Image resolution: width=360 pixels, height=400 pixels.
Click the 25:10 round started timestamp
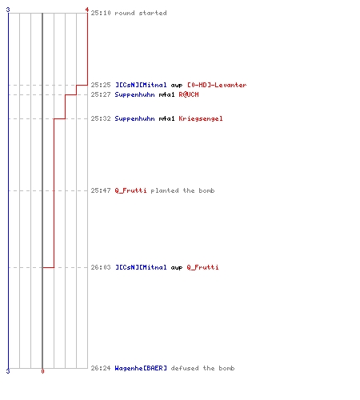[x=101, y=13]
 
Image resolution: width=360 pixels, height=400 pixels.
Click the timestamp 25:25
[x=101, y=85]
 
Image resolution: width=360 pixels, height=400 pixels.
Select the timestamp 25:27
[x=101, y=94]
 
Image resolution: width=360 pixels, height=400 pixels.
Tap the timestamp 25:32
[x=101, y=118]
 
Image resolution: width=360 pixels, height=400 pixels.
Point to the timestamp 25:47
[x=101, y=190]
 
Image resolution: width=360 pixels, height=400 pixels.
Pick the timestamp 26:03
[x=101, y=267]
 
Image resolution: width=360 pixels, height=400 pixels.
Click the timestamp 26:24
[x=101, y=368]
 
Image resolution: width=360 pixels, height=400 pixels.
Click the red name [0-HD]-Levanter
[x=217, y=85]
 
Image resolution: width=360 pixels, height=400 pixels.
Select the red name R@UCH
[x=189, y=94]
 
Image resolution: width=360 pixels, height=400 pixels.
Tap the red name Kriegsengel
[x=201, y=118]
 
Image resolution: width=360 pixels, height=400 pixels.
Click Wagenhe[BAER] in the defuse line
[x=141, y=368]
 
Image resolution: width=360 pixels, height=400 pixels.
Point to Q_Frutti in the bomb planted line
[x=130, y=190]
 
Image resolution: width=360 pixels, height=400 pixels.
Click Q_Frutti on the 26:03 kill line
[x=202, y=267]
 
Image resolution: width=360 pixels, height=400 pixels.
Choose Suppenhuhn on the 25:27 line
[x=134, y=94]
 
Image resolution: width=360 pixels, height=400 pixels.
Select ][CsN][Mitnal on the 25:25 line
[x=141, y=85]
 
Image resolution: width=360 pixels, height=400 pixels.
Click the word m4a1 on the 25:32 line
[x=166, y=118]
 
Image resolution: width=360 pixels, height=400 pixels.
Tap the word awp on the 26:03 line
[x=177, y=268]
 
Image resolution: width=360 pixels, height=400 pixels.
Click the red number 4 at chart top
[x=87, y=10]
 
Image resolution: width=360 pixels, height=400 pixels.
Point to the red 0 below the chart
[x=42, y=371]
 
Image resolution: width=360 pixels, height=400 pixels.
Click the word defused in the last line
[x=185, y=368]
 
